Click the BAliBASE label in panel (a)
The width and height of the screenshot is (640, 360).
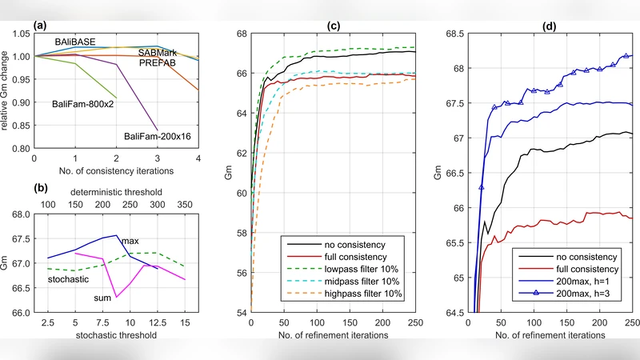tap(76, 40)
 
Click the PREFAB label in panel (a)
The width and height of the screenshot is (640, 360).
tap(158, 62)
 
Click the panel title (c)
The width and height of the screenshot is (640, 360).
tap(334, 25)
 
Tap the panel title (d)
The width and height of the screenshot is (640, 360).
tap(550, 25)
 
